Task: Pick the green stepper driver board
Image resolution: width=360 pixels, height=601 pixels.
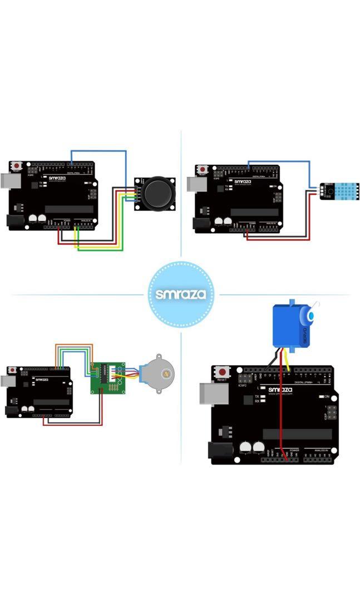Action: [107, 377]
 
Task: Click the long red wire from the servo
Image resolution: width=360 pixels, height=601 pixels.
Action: [281, 412]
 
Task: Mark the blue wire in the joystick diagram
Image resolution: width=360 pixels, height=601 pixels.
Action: [100, 150]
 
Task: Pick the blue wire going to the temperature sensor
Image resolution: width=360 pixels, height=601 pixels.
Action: [278, 162]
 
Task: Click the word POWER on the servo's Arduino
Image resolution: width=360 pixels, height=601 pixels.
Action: [294, 450]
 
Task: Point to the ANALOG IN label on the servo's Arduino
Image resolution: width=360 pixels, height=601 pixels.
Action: [321, 450]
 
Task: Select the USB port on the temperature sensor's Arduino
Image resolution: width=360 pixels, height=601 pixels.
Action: [195, 184]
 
